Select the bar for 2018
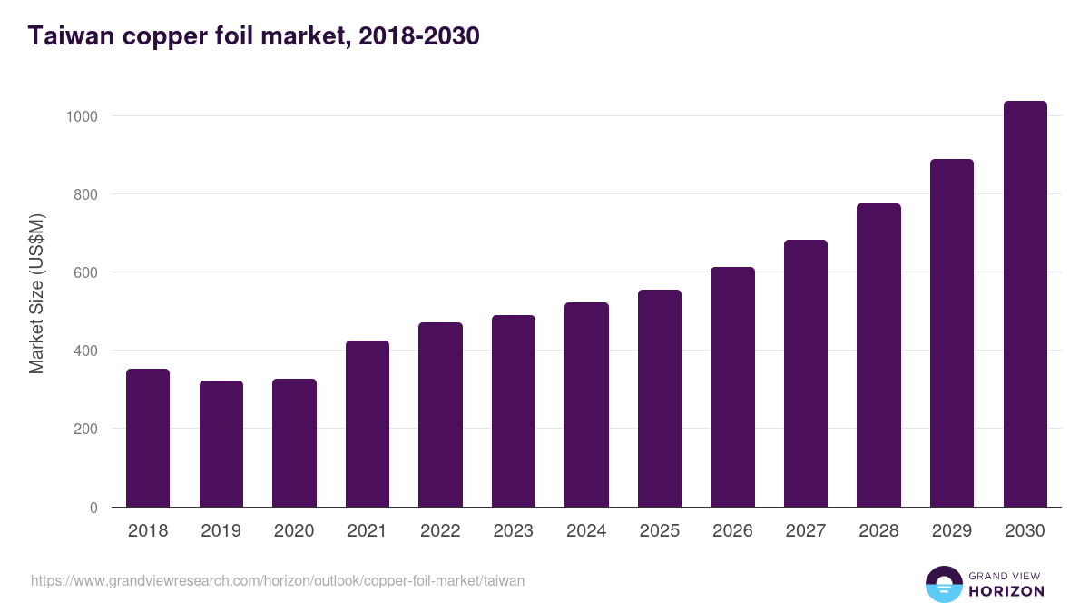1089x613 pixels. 148,438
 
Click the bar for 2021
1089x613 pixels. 368,424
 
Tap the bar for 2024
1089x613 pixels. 586,405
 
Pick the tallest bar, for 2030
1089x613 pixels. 1025,304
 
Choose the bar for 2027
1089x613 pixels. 806,373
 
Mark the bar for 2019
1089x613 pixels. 221,444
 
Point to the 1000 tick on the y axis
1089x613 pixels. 82,117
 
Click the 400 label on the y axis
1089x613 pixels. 85,351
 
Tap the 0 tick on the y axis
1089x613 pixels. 93,508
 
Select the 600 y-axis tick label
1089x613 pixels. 85,273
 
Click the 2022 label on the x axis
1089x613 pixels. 440,530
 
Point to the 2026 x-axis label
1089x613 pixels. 732,530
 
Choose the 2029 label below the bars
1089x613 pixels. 952,530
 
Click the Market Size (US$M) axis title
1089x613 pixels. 36,294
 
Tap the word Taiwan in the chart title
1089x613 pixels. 71,36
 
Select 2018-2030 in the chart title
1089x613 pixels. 419,36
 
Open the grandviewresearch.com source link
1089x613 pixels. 278,581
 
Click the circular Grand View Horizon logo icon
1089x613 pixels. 944,584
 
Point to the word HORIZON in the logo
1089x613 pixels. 1006,591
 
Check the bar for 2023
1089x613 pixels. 514,411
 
